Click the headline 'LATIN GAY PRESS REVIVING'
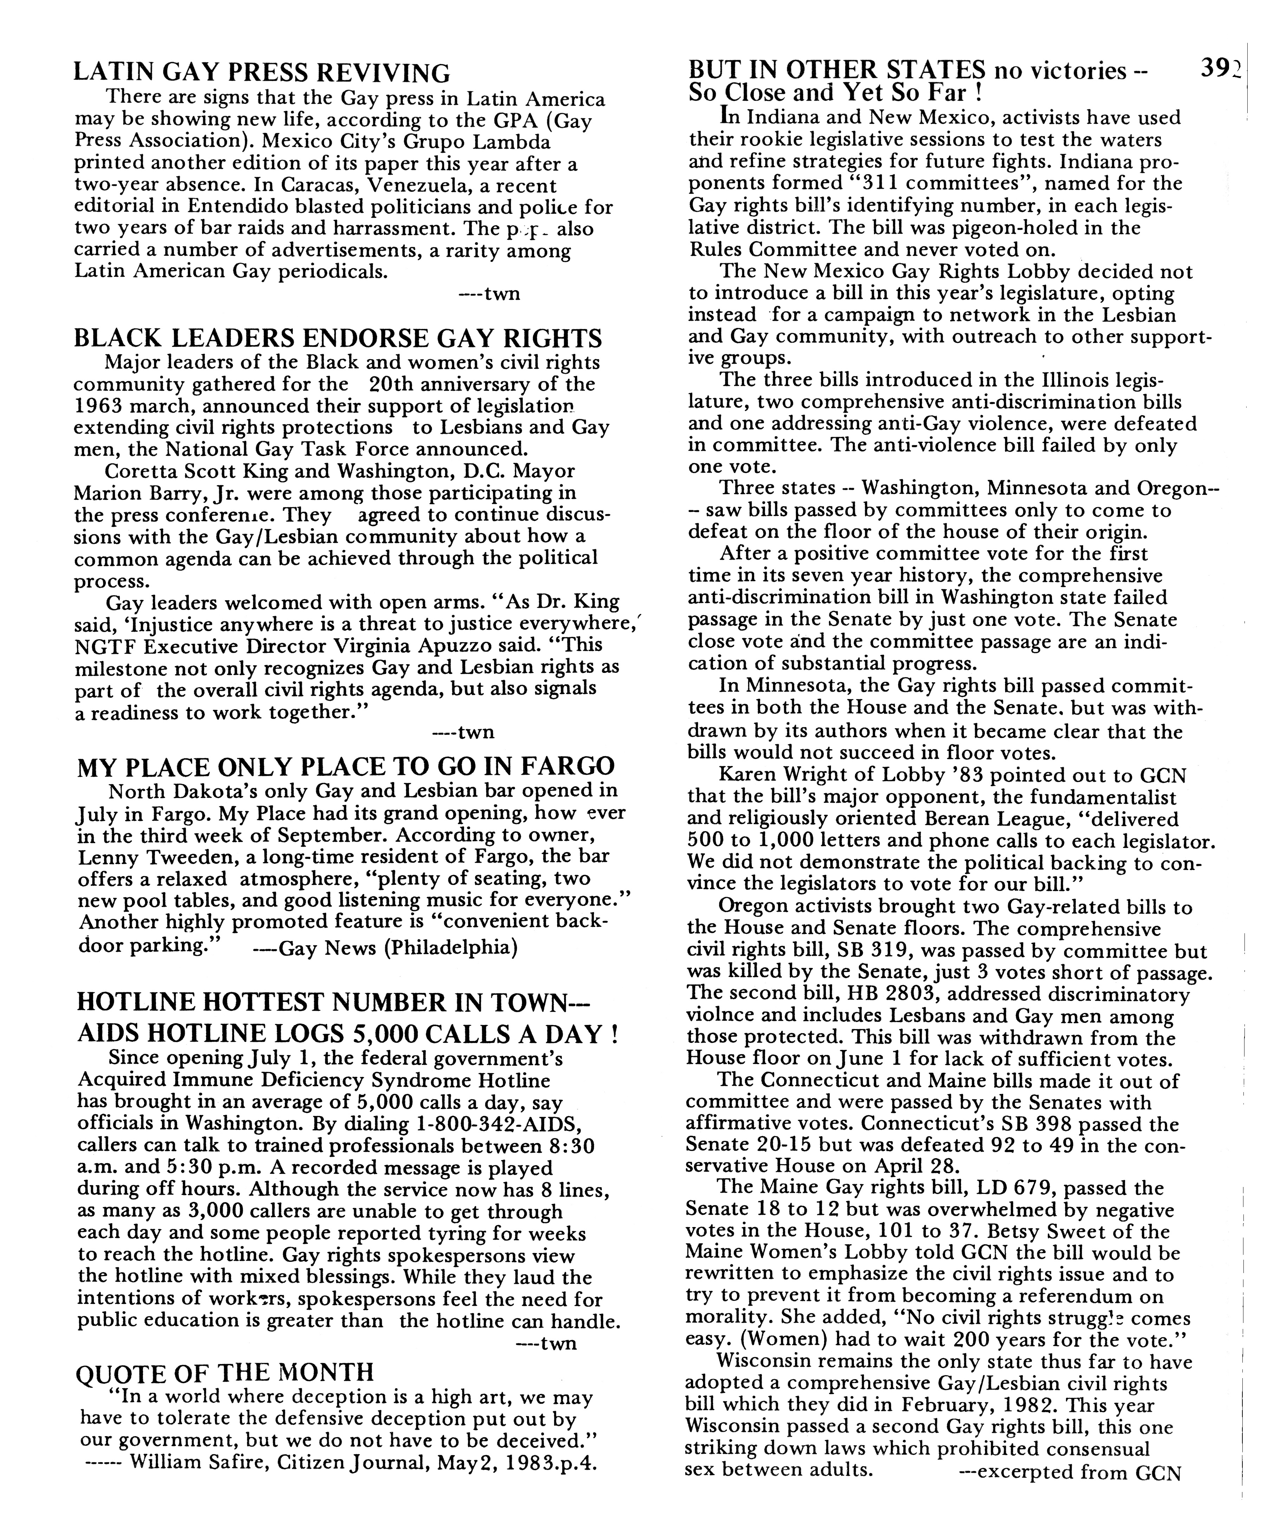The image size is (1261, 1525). pos(262,73)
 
